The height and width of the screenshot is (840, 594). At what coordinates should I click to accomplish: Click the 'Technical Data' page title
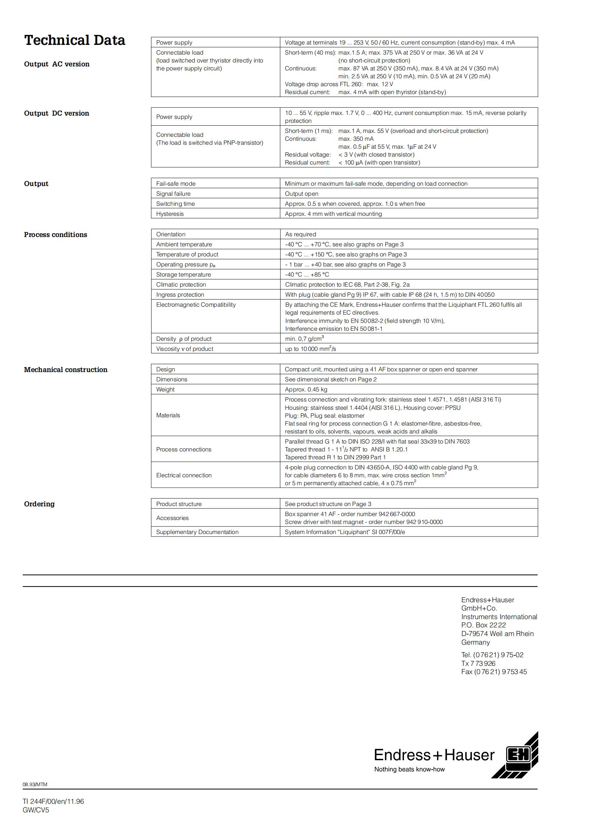point(75,40)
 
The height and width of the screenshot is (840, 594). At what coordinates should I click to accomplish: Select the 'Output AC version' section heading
point(57,64)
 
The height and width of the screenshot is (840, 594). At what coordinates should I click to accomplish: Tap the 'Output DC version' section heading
point(57,113)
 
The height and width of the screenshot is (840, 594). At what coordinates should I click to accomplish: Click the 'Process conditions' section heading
point(56,235)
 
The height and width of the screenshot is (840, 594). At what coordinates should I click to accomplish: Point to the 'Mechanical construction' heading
point(66,370)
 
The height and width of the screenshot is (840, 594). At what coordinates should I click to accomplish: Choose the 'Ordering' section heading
point(39,504)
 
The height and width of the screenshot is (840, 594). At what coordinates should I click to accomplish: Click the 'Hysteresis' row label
point(170,214)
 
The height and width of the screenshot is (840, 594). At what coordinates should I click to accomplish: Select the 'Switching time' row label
point(175,204)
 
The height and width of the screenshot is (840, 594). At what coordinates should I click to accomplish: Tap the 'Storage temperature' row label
point(183,274)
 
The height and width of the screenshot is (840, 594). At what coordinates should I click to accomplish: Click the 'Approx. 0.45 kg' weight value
point(306,389)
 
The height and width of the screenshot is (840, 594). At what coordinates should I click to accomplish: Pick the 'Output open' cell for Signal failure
point(301,194)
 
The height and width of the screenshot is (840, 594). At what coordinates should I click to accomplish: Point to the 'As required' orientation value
point(300,234)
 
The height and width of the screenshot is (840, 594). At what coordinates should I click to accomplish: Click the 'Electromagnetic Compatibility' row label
point(196,305)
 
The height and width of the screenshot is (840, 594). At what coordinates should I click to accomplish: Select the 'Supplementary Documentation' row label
point(197,532)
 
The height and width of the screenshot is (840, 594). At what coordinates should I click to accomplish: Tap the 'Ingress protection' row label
point(180,294)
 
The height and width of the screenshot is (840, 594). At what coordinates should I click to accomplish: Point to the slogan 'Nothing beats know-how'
point(409,769)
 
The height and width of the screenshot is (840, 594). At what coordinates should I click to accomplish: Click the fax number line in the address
point(494,672)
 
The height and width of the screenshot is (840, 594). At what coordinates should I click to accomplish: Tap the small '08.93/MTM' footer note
point(35,784)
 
